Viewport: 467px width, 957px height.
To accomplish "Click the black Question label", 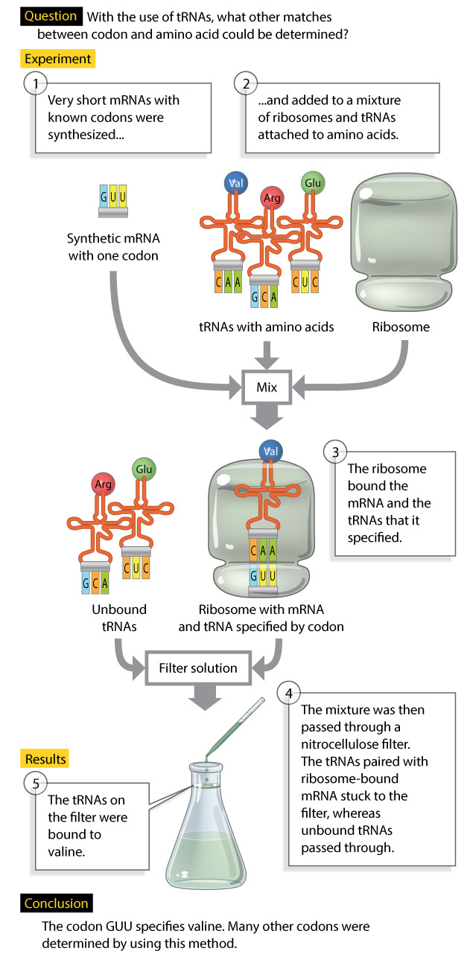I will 51,16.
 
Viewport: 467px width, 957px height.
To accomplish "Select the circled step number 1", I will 34,83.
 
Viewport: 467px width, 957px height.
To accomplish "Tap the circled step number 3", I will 335,452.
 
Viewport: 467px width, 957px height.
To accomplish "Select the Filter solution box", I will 198,668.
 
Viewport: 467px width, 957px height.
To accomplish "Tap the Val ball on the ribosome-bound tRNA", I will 271,451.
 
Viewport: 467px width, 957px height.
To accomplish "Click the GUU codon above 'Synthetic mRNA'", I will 112,197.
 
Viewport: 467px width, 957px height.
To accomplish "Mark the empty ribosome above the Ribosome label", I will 401,228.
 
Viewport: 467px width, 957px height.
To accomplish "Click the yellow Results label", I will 45,759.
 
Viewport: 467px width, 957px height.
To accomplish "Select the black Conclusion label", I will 56,903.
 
